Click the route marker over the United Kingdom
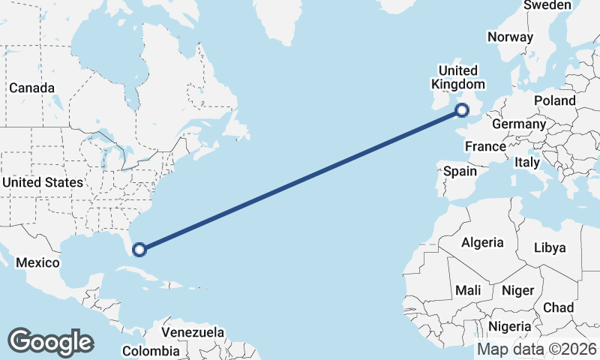pyautogui.click(x=462, y=111)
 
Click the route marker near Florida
pyautogui.click(x=139, y=249)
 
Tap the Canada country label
pyautogui.click(x=31, y=88)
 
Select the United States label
pyautogui.click(x=43, y=182)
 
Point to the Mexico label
pyautogui.click(x=37, y=262)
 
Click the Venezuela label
pyautogui.click(x=193, y=331)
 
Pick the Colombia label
pyautogui.click(x=151, y=351)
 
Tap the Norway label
pyautogui.click(x=510, y=37)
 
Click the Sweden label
pyautogui.click(x=547, y=5)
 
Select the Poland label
pyautogui.click(x=554, y=100)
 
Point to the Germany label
pyautogui.click(x=519, y=124)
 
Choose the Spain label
pyautogui.click(x=460, y=171)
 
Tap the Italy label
pyautogui.click(x=527, y=162)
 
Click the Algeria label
pyautogui.click(x=482, y=242)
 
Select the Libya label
pyautogui.click(x=550, y=247)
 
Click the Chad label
pyautogui.click(x=558, y=307)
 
